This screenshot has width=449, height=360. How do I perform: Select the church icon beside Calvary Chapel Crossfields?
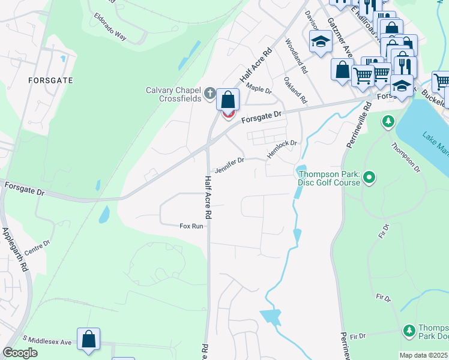(x=209, y=93)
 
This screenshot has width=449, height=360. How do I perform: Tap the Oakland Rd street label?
(x=295, y=89)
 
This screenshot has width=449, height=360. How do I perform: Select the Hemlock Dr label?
(x=282, y=148)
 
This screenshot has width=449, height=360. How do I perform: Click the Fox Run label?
(x=191, y=226)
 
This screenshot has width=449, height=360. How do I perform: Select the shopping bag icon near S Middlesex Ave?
(x=89, y=339)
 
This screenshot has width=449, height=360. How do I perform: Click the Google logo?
(x=20, y=353)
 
